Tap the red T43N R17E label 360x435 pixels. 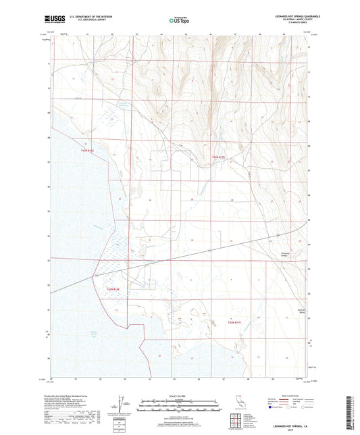point(220,157)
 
